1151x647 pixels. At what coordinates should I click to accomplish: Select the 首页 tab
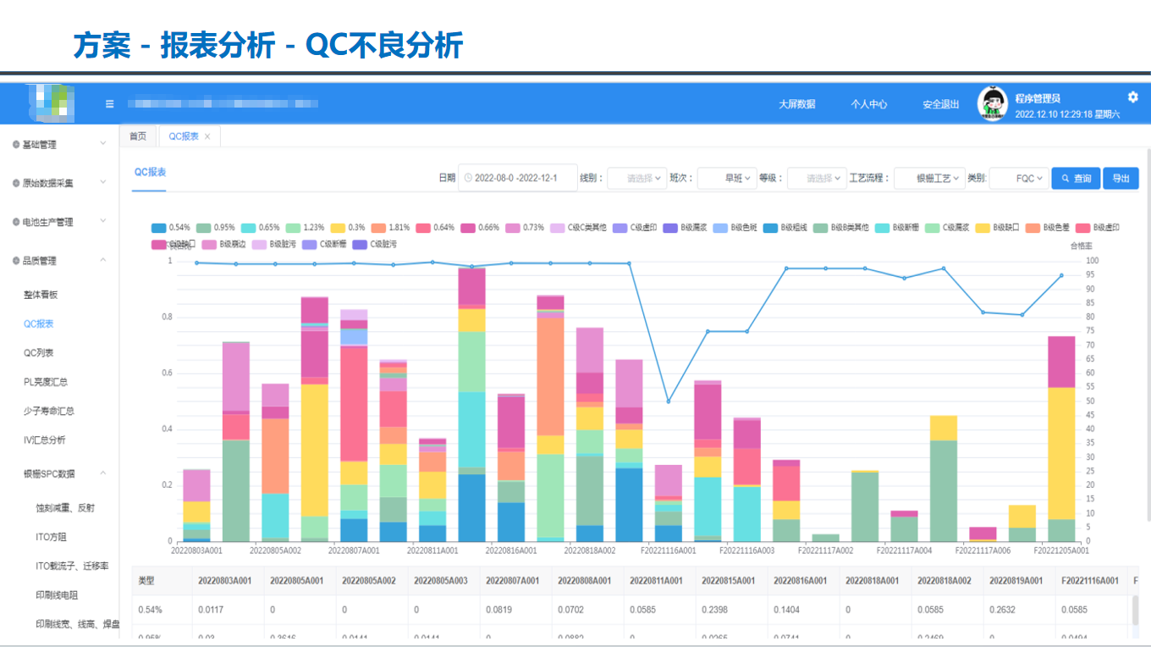tap(137, 136)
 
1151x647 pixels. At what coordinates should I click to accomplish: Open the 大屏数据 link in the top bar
tap(796, 104)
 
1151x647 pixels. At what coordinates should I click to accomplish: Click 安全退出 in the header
tap(940, 104)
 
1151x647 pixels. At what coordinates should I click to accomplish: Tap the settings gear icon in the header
tap(1133, 97)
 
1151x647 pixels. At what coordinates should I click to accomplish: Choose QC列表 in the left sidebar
tap(39, 352)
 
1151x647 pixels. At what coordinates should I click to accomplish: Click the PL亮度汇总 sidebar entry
tap(46, 382)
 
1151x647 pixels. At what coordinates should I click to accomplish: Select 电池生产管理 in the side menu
tap(47, 222)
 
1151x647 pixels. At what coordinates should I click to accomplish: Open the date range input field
tap(517, 179)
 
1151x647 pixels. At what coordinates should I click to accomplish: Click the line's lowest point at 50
tap(669, 401)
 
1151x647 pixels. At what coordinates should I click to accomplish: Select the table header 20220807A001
tap(512, 581)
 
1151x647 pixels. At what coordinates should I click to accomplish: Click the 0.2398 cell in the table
tap(715, 610)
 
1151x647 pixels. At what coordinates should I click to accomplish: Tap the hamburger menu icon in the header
tap(109, 104)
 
